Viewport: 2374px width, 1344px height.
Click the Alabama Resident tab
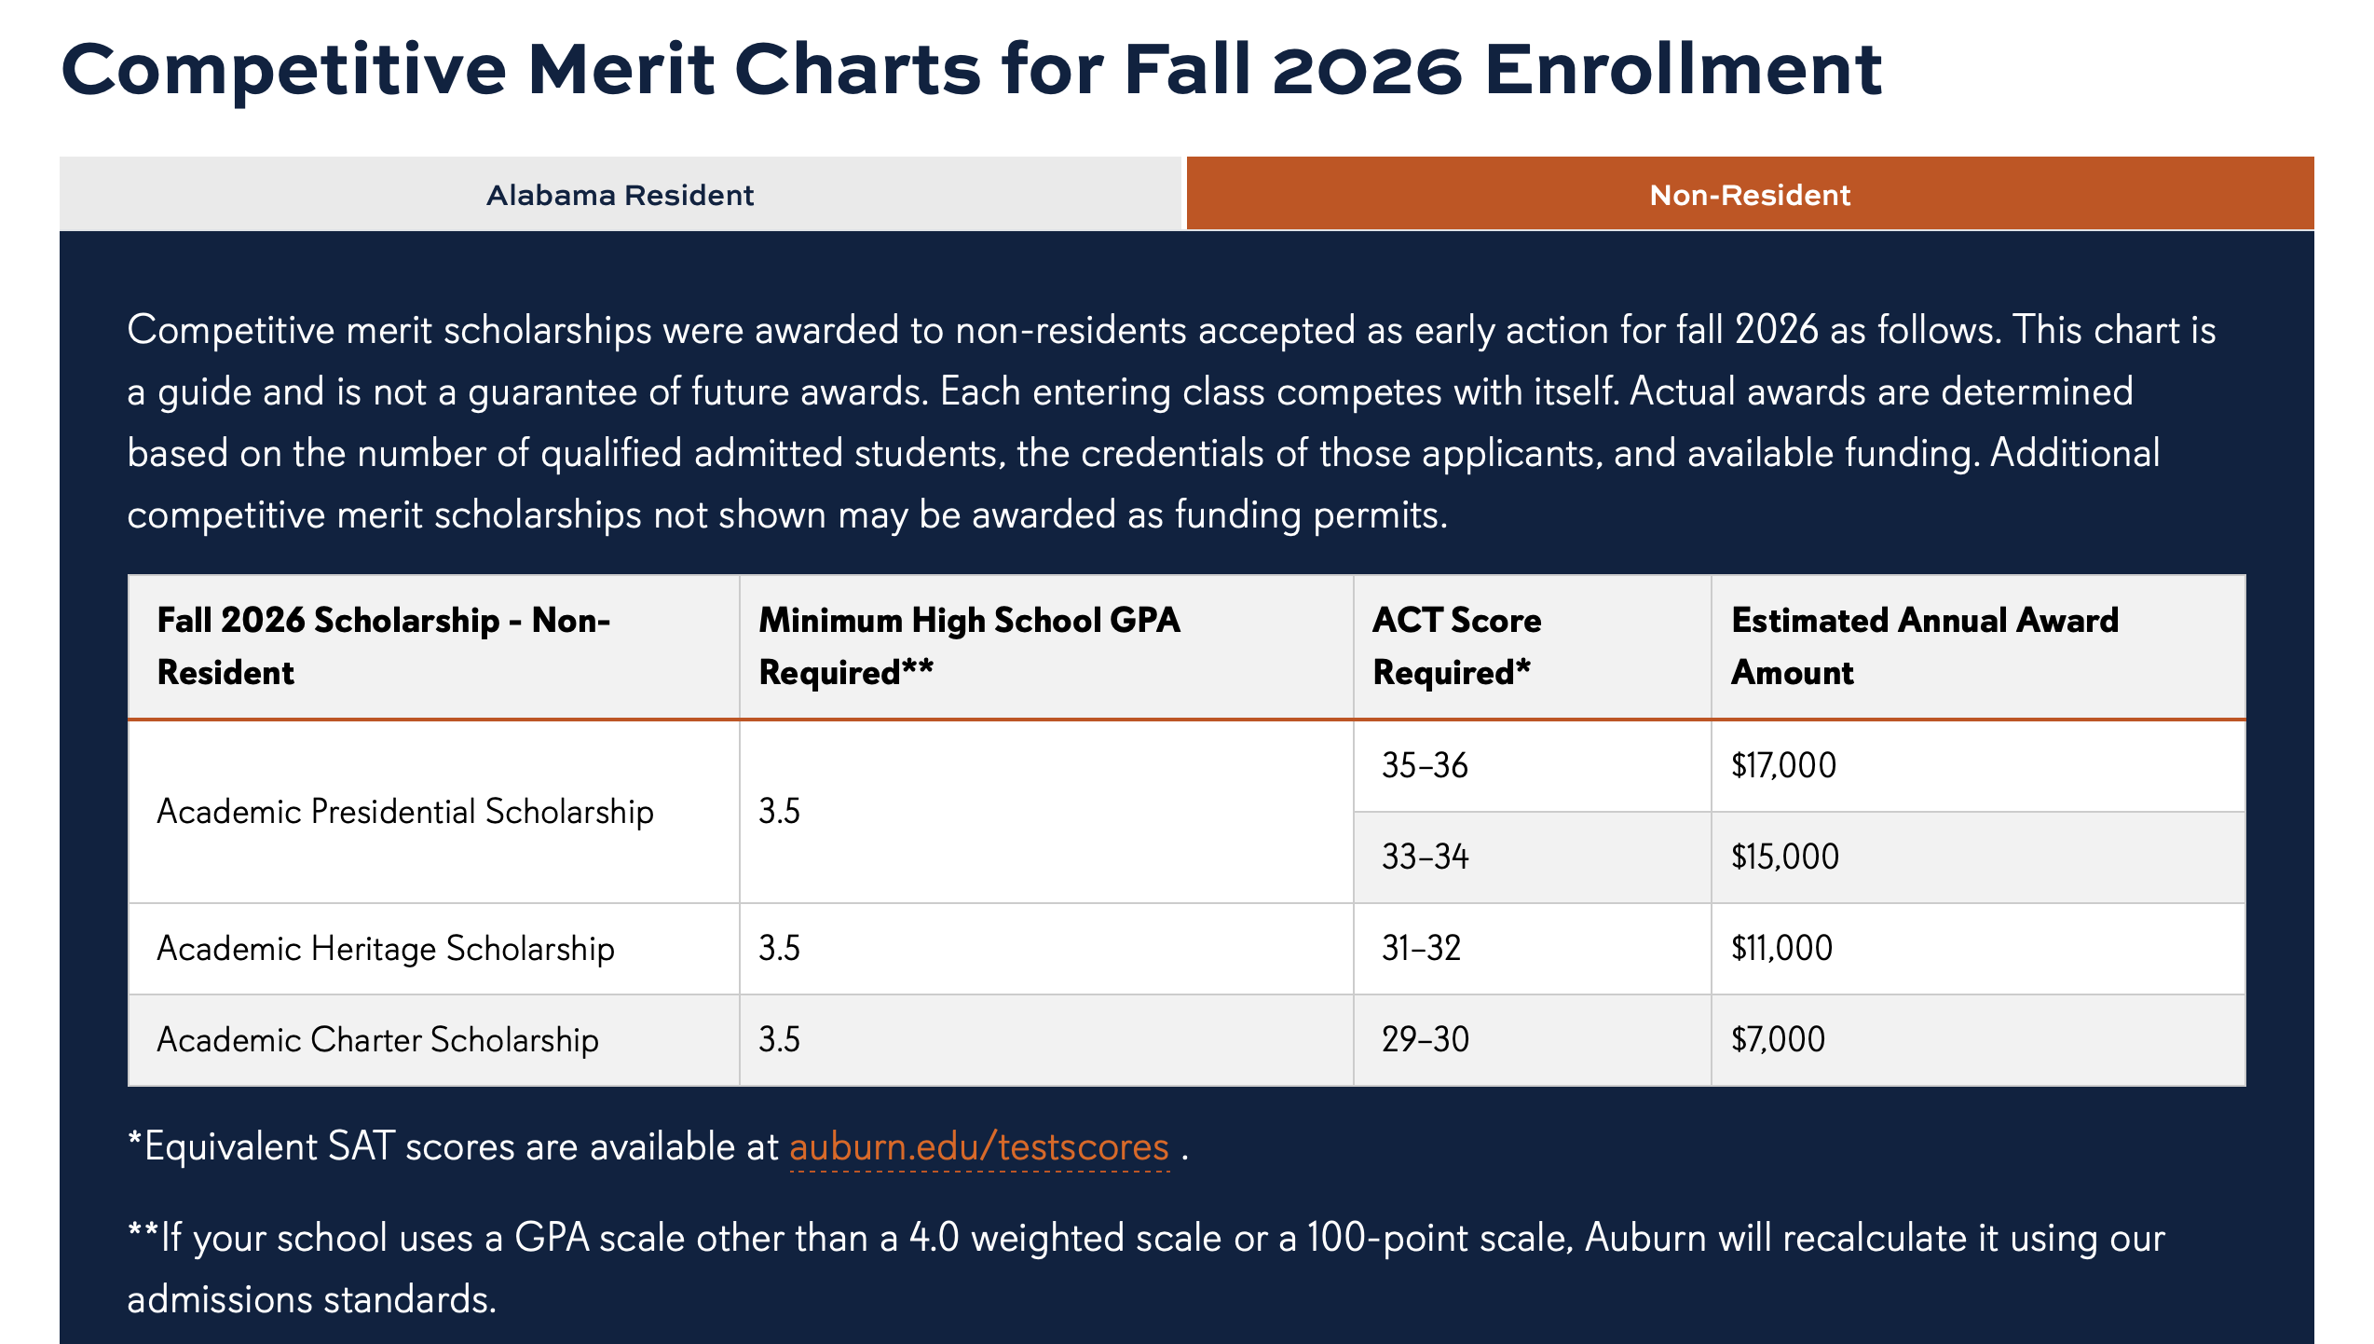[x=620, y=194]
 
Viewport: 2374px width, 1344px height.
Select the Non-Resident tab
[x=1750, y=194]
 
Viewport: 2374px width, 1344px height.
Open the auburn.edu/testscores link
[x=979, y=1146]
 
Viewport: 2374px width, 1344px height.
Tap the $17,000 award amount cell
[x=1783, y=765]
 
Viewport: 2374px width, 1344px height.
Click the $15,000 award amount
[x=1785, y=857]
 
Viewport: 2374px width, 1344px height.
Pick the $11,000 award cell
[x=1781, y=948]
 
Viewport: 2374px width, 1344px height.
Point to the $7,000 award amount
[x=1778, y=1039]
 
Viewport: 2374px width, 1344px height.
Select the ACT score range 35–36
[x=1425, y=765]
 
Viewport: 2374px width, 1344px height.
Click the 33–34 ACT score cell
[x=1425, y=857]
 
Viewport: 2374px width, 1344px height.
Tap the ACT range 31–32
[x=1421, y=948]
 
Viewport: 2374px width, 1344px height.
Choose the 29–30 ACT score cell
[x=1425, y=1039]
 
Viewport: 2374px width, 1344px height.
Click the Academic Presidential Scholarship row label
[x=405, y=812]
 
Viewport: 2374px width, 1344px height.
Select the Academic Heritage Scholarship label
[x=386, y=949]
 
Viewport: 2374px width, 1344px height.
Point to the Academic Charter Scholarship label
[x=377, y=1040]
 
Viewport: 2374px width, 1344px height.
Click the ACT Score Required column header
[x=1457, y=646]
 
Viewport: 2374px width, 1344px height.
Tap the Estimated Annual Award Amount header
[x=1925, y=646]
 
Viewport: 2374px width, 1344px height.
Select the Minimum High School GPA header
[x=969, y=646]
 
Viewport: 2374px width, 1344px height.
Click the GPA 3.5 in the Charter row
[x=779, y=1039]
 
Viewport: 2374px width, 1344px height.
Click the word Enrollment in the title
[x=1684, y=70]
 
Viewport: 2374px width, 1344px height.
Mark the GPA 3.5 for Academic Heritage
[x=779, y=948]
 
